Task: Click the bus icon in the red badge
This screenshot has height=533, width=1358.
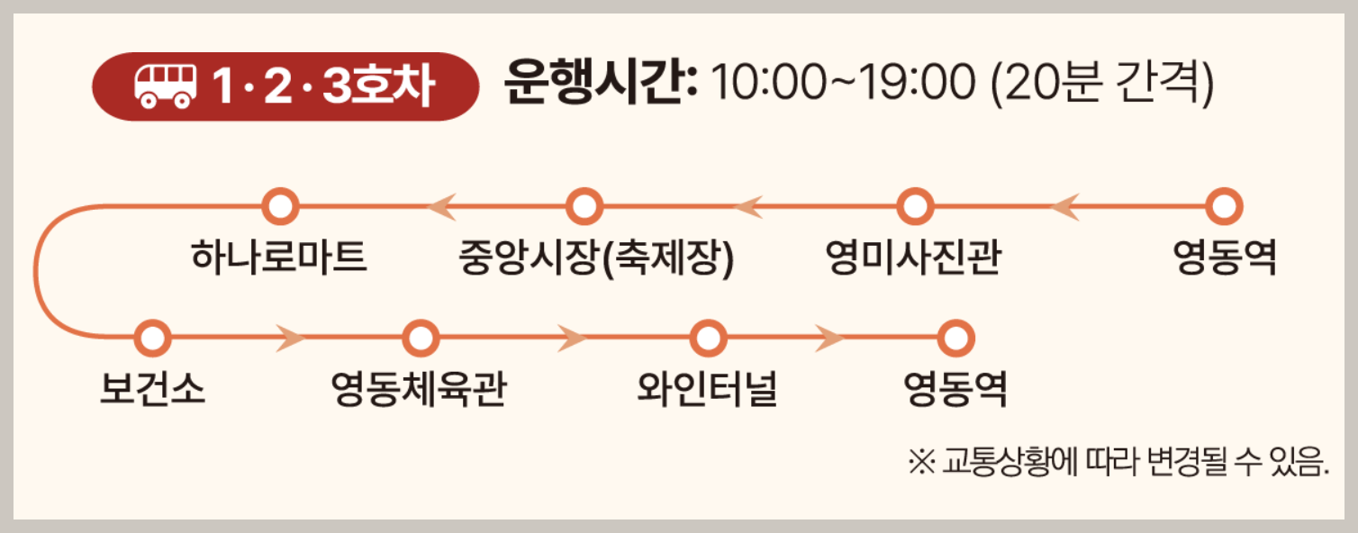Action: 165,86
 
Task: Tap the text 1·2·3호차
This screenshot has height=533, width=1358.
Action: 324,86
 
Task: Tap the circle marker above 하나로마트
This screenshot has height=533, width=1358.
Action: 280,206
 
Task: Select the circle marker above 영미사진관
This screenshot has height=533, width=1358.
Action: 914,206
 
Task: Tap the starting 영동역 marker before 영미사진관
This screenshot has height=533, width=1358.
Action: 1223,206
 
